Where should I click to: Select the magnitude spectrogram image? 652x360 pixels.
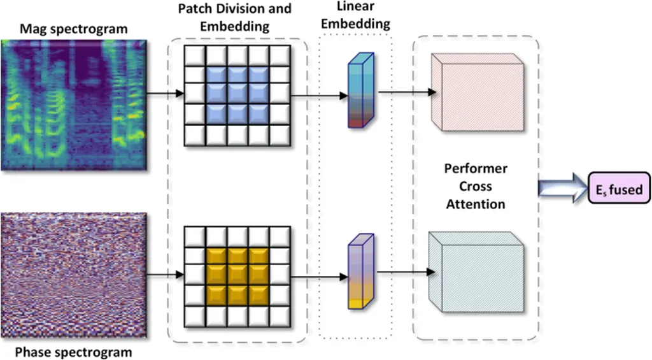click(x=75, y=105)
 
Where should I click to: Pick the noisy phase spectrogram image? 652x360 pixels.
click(x=75, y=275)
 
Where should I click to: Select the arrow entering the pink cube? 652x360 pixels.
click(x=407, y=94)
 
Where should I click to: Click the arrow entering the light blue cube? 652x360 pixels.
click(x=407, y=273)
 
